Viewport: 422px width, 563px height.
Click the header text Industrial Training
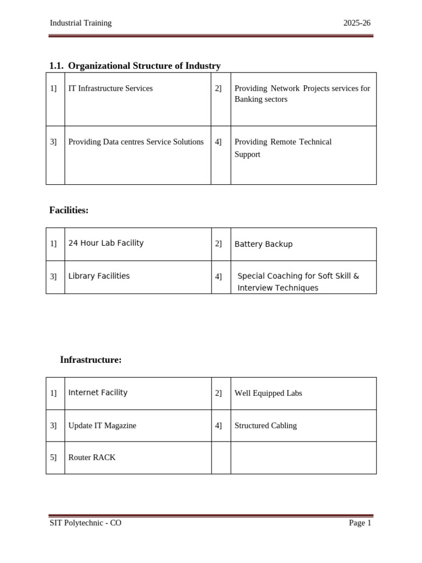80,23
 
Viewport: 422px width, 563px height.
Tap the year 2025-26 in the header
357,23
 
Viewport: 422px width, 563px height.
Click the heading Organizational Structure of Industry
144,66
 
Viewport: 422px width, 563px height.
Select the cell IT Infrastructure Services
110,88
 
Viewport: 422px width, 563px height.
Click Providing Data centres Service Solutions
136,142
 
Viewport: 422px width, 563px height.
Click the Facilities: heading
69,210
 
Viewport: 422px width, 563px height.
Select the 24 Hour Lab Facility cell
106,243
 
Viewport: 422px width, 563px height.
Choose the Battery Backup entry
263,244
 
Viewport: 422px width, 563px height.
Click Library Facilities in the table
99,276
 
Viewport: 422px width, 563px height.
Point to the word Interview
255,288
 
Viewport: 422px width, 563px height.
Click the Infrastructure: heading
91,360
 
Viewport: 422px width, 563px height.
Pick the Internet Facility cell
98,393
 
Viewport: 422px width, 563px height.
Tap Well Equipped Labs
268,393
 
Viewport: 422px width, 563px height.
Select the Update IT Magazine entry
102,426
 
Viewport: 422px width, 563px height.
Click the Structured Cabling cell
265,426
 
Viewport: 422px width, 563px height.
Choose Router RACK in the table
92,457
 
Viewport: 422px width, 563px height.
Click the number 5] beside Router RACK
53,457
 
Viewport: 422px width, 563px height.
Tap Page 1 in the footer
360,523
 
